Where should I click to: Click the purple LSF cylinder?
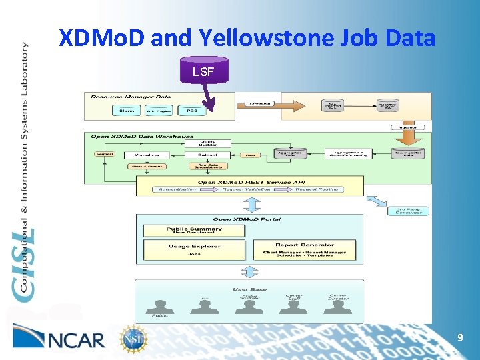coord(203,70)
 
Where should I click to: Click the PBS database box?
coord(192,111)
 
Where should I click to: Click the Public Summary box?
coord(195,230)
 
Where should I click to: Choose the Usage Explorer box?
coord(195,249)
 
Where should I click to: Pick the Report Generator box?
coord(304,249)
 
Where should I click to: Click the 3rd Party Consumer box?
coord(409,211)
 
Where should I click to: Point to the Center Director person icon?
coord(338,305)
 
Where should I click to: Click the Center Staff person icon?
coord(294,305)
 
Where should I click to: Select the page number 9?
coord(460,339)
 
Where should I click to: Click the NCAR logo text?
coord(77,340)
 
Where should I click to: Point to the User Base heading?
coord(249,289)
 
